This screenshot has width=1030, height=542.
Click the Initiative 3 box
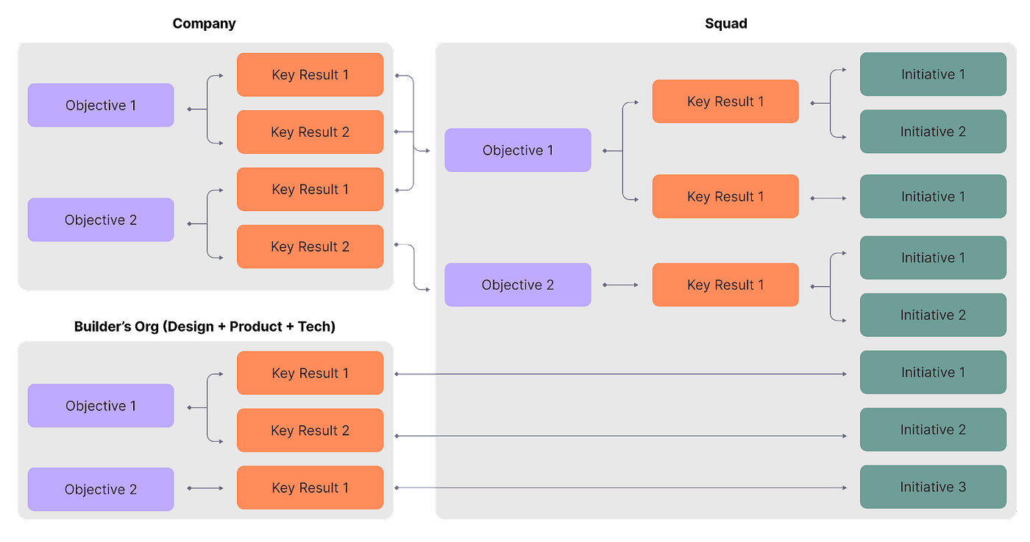coord(933,487)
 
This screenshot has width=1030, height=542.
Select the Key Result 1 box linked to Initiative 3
coord(310,488)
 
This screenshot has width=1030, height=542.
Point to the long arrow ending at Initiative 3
coord(633,488)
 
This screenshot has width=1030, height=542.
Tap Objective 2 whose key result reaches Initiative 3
coord(101,489)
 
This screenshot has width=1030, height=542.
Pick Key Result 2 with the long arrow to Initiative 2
coord(310,430)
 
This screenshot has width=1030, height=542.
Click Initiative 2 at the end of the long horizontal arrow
coord(933,429)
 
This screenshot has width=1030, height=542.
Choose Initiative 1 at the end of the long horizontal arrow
coord(933,372)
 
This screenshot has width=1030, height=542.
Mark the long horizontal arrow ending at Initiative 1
coord(633,374)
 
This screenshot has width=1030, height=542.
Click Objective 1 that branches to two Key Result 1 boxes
coord(517,150)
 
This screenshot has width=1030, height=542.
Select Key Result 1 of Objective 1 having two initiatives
coord(725,101)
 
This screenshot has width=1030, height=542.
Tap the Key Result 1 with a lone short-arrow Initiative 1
coord(725,196)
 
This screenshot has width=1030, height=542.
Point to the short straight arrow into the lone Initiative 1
coord(828,198)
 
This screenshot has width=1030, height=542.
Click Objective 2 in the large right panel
coord(517,285)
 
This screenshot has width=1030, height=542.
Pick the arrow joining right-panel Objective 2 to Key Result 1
coord(621,285)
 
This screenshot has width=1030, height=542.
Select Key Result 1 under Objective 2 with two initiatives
coord(725,285)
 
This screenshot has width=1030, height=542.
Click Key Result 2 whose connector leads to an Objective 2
coord(310,246)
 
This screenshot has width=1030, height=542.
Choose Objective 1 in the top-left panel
coord(101,105)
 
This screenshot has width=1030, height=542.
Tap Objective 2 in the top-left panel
coord(101,220)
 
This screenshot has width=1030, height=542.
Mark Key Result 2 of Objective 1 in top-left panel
coord(310,132)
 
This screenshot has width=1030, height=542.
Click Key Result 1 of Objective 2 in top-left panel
coord(310,189)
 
